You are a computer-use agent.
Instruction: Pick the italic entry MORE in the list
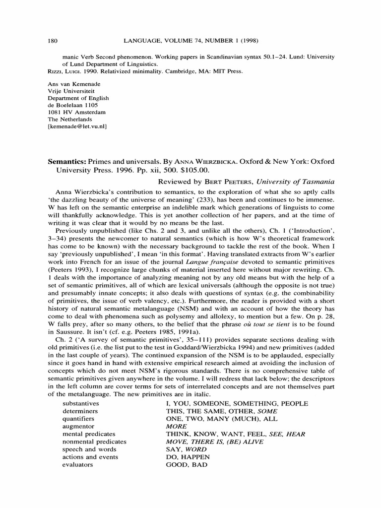click(176, 426)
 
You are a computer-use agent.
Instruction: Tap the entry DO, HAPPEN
click(188, 457)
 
